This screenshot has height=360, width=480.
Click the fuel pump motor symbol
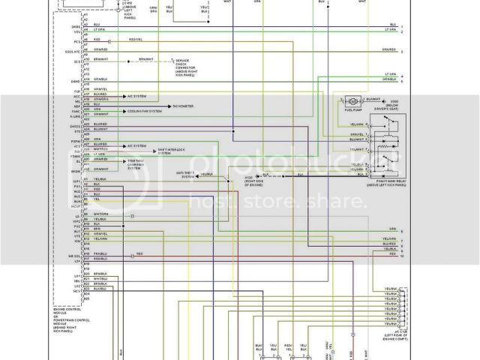349,100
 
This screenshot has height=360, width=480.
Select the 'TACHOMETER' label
183,106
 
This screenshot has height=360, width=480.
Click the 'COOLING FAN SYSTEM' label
144,112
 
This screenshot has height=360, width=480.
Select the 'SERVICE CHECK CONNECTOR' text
184,65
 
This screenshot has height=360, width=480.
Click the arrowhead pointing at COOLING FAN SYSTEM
124,112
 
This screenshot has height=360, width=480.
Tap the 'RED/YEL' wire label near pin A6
136,39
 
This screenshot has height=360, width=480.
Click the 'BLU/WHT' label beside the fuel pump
373,100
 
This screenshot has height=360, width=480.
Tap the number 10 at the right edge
402,256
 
